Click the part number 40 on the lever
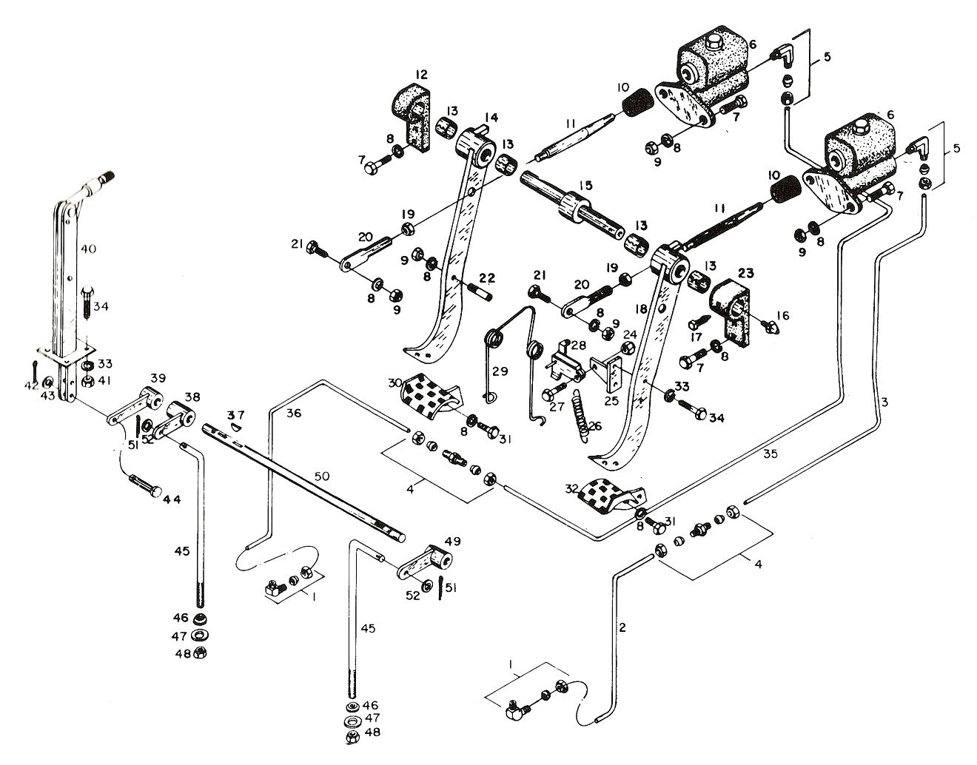click(88, 249)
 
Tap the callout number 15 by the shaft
click(586, 185)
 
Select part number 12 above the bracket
click(421, 74)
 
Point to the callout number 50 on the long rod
click(322, 476)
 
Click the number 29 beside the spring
click(500, 371)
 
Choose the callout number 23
click(746, 273)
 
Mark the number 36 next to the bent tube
click(294, 413)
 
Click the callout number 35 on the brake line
click(770, 454)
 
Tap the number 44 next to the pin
click(172, 499)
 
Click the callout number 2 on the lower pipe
click(622, 627)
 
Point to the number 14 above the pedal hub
click(491, 118)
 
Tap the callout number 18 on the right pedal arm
click(641, 309)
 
